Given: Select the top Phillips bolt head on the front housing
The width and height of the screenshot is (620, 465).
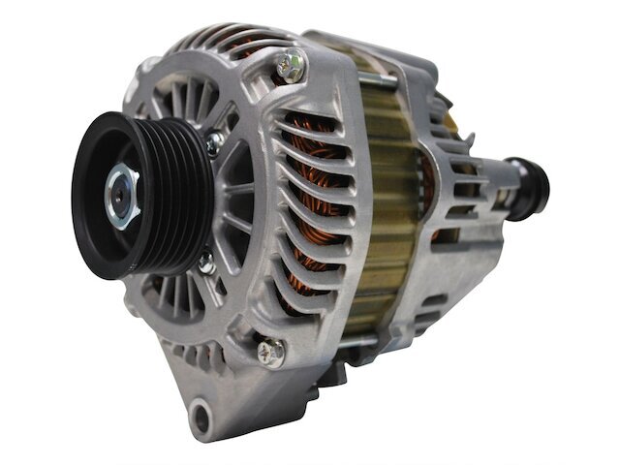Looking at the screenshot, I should tap(288, 67).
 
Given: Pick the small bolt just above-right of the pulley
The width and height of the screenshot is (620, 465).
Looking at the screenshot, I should tap(214, 142).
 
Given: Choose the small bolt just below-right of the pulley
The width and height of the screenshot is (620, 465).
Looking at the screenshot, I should tap(204, 262).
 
